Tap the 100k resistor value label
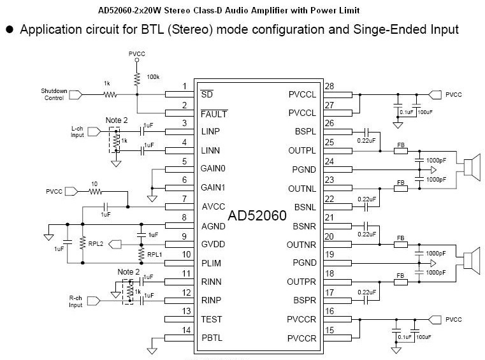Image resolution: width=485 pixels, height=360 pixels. [x=153, y=76]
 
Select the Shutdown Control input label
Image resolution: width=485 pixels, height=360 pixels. [x=54, y=94]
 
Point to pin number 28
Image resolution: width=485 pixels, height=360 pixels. [x=329, y=87]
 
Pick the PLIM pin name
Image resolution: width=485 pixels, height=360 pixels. [x=212, y=263]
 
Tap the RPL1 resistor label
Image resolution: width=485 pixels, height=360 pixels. [x=156, y=255]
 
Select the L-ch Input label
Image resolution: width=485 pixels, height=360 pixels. [x=77, y=132]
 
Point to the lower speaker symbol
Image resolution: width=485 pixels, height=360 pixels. [x=471, y=262]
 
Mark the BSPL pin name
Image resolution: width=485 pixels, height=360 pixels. [x=303, y=132]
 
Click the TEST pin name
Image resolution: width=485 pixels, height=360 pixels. [x=212, y=319]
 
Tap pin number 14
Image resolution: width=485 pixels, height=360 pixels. [x=185, y=329]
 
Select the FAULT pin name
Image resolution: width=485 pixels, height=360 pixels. [x=214, y=113]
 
